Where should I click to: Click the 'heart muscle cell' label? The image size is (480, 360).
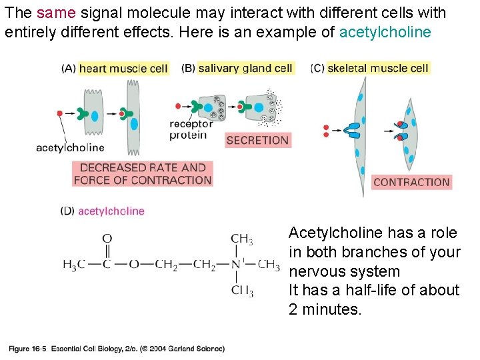click(x=123, y=68)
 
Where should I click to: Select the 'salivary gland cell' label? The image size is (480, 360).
click(x=245, y=68)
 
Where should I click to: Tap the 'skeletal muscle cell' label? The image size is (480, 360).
click(x=378, y=68)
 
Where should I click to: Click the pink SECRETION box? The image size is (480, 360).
click(x=257, y=140)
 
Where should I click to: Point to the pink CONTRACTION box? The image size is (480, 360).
click(x=411, y=182)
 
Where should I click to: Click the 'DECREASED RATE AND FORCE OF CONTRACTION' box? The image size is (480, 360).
click(x=142, y=174)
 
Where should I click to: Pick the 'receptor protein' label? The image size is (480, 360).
click(x=191, y=129)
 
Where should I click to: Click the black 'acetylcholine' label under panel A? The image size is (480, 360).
click(x=70, y=148)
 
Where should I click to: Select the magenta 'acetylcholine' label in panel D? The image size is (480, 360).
click(x=111, y=211)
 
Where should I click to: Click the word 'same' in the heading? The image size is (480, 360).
click(x=52, y=13)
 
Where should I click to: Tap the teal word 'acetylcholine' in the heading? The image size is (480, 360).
click(x=385, y=32)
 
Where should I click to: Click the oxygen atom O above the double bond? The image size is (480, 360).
click(x=107, y=239)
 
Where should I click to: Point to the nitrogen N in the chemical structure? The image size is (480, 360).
click(x=235, y=265)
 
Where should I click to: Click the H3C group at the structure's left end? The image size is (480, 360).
click(x=73, y=265)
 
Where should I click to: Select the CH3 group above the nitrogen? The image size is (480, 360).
click(x=241, y=239)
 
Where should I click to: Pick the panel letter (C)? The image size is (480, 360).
click(x=317, y=68)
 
